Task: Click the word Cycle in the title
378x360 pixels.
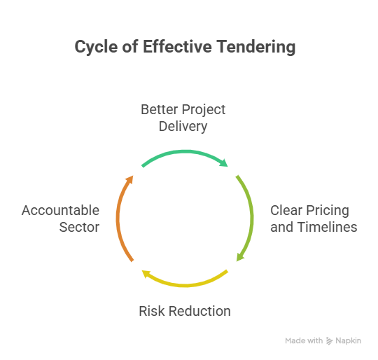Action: click(x=96, y=47)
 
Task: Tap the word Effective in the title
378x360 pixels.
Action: click(x=177, y=46)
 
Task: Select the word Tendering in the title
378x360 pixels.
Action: click(x=255, y=47)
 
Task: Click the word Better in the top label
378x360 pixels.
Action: click(x=160, y=109)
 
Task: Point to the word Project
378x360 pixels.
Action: click(x=204, y=110)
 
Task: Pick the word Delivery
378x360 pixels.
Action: click(x=183, y=127)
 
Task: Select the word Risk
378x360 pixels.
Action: click(x=152, y=311)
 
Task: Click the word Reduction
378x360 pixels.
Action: click(x=199, y=311)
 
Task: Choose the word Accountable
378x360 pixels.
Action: click(x=60, y=210)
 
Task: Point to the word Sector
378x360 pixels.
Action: click(x=79, y=227)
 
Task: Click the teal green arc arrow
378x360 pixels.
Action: click(x=185, y=152)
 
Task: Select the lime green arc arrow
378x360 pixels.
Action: click(x=251, y=219)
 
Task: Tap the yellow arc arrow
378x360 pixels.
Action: click(x=185, y=285)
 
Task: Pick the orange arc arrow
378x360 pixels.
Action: click(x=118, y=219)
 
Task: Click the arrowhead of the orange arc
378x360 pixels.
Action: click(x=130, y=179)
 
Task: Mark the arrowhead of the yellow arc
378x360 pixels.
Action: click(x=146, y=274)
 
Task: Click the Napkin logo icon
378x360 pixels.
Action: click(x=329, y=340)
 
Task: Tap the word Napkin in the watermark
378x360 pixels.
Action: click(x=349, y=340)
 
